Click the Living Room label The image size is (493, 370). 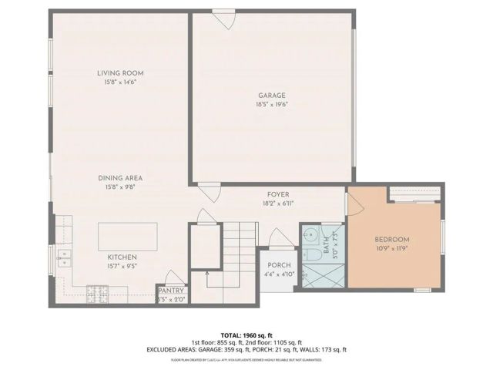[x=120, y=73]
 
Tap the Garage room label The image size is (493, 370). [x=271, y=96]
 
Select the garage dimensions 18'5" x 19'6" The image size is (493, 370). [x=271, y=105]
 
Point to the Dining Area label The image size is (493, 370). [x=123, y=177]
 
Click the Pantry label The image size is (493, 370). [x=170, y=290]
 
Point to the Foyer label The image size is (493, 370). [x=277, y=195]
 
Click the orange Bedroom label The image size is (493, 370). [x=392, y=239]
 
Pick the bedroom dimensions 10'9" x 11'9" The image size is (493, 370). [x=392, y=248]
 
